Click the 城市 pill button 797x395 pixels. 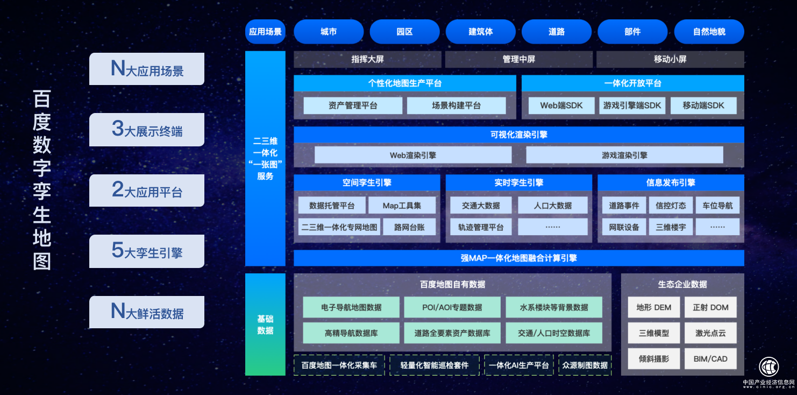(329, 32)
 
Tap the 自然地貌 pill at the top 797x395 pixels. (709, 32)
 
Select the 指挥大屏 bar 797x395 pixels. (367, 59)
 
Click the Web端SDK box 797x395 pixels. (561, 105)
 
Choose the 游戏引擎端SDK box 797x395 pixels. (632, 105)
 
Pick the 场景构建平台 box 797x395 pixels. (456, 105)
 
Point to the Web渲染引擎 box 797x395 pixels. (412, 156)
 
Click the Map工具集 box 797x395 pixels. (402, 206)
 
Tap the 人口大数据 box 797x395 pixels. (552, 206)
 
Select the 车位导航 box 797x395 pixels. (717, 206)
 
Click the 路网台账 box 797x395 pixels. (409, 227)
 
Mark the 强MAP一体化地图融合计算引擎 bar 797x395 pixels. (519, 258)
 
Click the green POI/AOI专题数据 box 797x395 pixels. (452, 307)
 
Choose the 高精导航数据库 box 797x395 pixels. (351, 333)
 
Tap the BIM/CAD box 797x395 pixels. (710, 358)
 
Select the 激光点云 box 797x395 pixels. (710, 333)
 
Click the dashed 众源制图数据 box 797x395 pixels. (585, 365)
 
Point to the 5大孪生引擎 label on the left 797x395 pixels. (147, 251)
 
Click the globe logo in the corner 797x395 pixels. (769, 366)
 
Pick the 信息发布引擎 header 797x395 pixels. (671, 183)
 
